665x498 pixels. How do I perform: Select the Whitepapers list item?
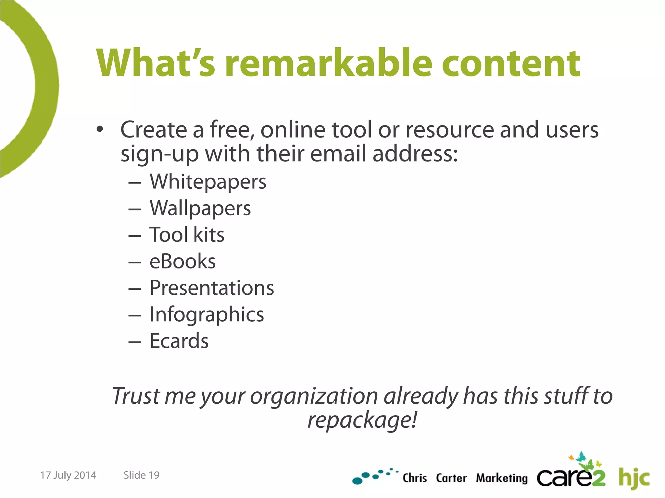point(208,182)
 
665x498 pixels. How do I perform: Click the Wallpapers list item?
point(200,208)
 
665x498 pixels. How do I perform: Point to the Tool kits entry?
point(187,235)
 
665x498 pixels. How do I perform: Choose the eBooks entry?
point(182,261)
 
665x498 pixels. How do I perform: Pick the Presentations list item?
point(212,288)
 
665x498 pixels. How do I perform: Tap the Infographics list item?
point(207,314)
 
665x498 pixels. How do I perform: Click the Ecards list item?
point(179,341)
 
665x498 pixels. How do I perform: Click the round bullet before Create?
point(100,129)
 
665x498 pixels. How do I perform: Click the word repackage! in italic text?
point(362,420)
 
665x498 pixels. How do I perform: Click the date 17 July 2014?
point(68,475)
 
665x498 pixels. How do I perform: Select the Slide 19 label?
point(141,475)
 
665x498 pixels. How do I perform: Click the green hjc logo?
point(634,478)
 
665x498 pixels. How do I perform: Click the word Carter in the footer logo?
point(451,478)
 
